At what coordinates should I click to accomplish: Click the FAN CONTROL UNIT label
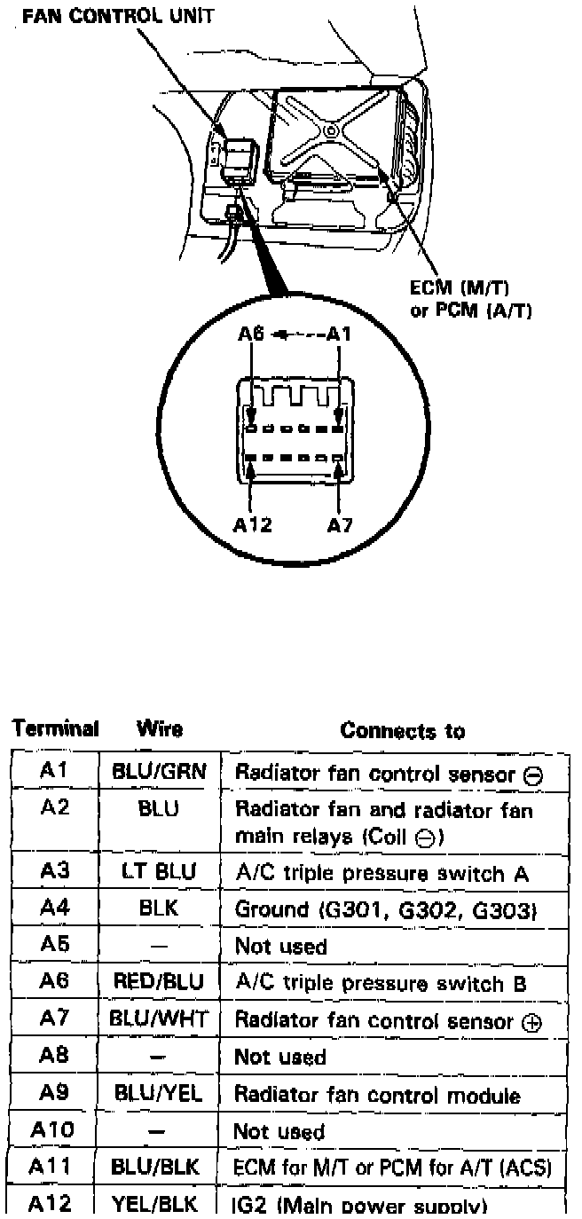(117, 17)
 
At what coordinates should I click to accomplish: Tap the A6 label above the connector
(252, 334)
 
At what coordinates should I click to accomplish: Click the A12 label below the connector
(253, 524)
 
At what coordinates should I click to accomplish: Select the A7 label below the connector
(340, 524)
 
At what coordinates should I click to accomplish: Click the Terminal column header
(55, 729)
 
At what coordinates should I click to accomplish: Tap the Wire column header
(160, 729)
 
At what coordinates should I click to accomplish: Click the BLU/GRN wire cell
(159, 772)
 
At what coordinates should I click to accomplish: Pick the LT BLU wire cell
(159, 873)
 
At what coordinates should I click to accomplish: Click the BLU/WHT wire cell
(159, 1019)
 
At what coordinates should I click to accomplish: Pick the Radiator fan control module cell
(377, 1095)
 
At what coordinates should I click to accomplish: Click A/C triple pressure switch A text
(381, 874)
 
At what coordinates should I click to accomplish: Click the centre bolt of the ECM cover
(330, 131)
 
